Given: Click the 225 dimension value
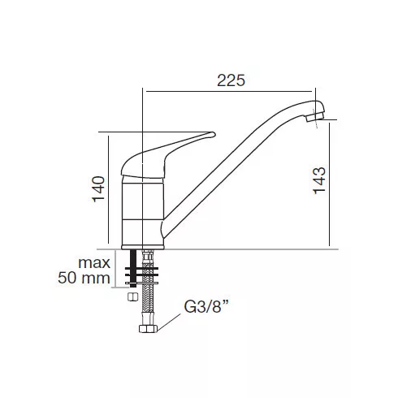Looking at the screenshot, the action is pyautogui.click(x=231, y=80).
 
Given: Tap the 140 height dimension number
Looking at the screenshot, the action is pyautogui.click(x=98, y=189).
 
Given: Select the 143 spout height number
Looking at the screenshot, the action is pyautogui.click(x=319, y=180).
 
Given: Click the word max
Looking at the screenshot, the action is pyautogui.click(x=94, y=263).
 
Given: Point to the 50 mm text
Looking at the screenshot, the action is pyautogui.click(x=84, y=278).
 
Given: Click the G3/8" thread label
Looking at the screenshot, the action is pyautogui.click(x=206, y=307).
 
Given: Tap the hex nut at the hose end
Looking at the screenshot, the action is pyautogui.click(x=148, y=329).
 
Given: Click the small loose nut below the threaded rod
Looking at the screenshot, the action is pyautogui.click(x=132, y=296).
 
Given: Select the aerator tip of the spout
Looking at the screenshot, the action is pyautogui.click(x=315, y=117).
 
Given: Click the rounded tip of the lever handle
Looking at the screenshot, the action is pyautogui.click(x=213, y=134).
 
